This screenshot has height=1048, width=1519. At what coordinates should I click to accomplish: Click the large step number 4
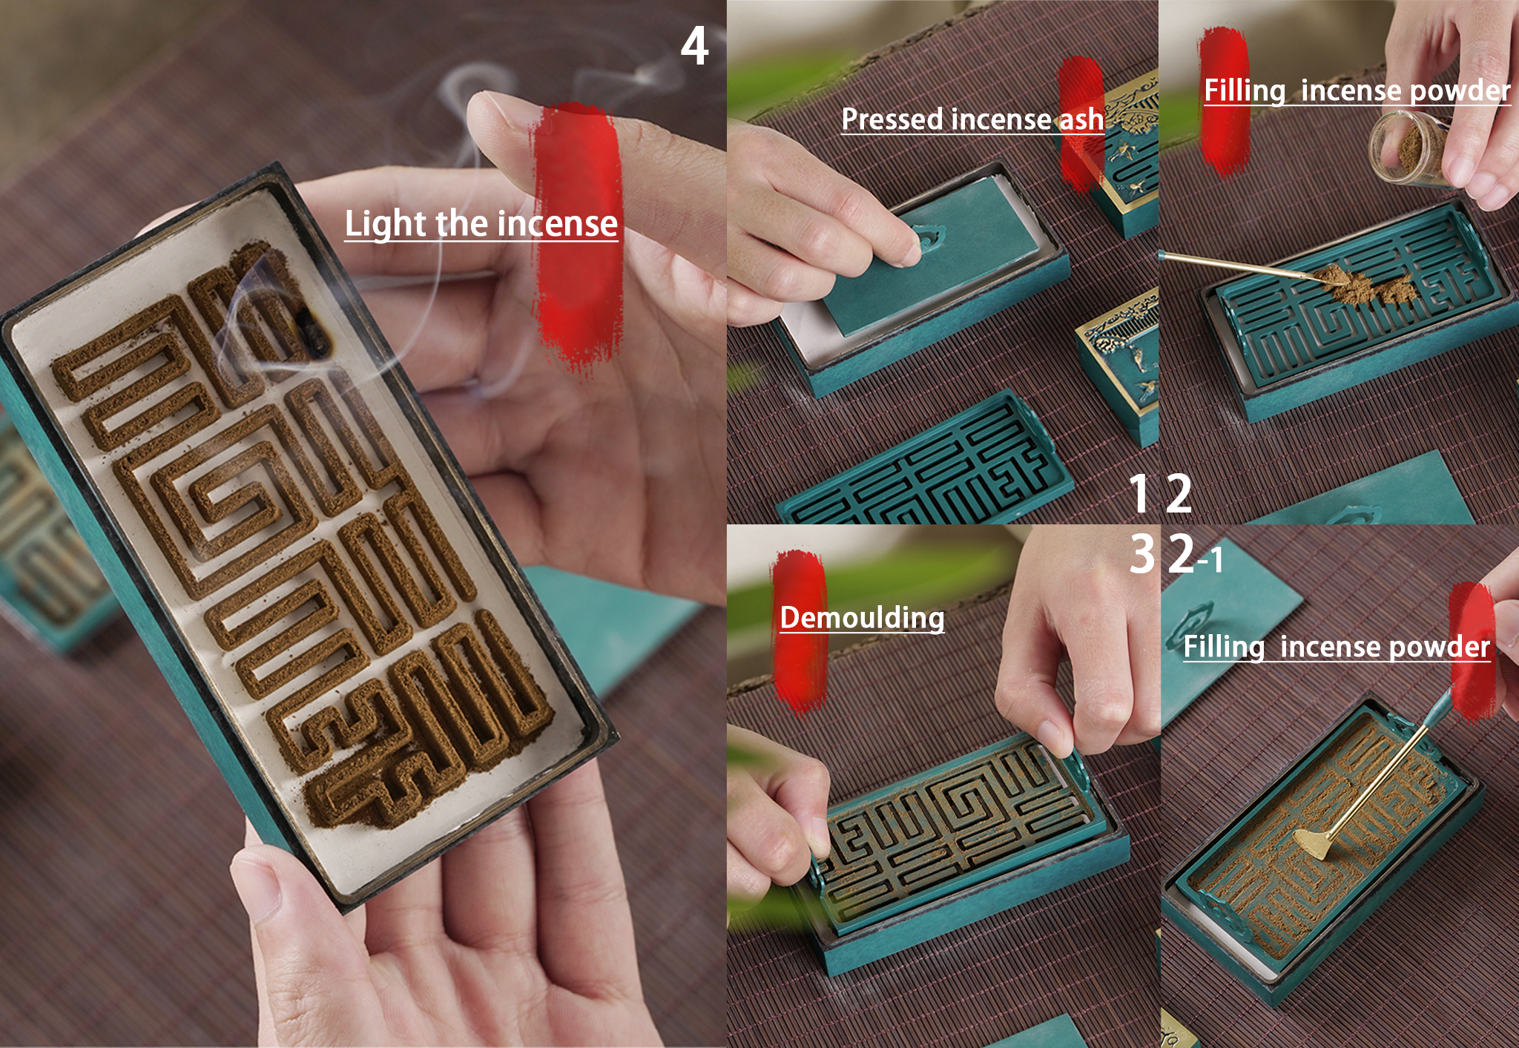694,46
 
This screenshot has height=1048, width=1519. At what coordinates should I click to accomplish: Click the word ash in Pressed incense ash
1081,119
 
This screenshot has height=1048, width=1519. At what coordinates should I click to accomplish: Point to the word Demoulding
862,618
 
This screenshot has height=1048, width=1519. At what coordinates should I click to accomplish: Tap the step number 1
1141,494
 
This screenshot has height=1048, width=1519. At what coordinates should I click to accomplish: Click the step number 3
1143,554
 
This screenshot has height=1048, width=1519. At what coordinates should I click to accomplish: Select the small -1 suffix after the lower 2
1210,559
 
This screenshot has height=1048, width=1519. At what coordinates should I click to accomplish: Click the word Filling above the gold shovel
1224,647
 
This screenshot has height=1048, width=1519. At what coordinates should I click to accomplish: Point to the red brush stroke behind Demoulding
799,630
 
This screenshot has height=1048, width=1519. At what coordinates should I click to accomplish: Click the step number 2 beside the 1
1179,494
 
